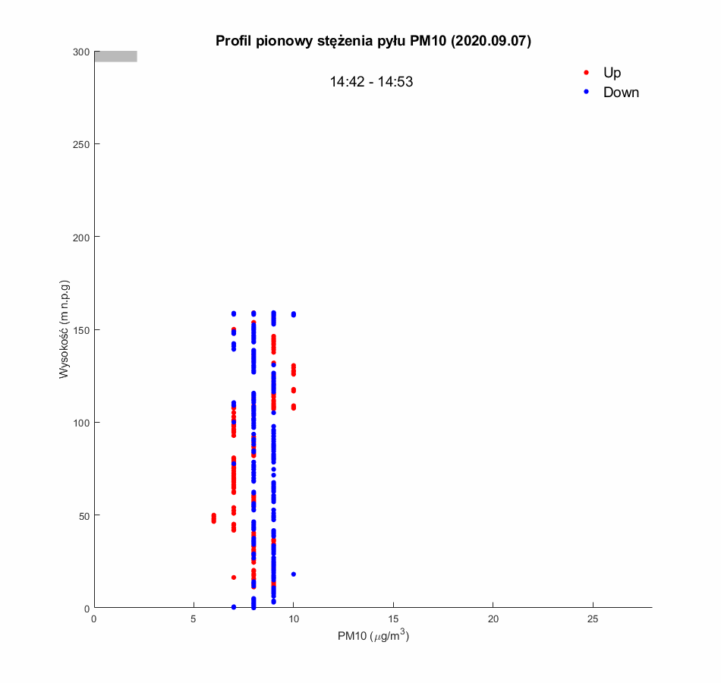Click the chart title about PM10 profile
pos(373,41)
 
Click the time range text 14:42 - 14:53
pos(371,82)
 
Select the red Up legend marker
pos(586,73)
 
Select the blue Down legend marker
pos(586,93)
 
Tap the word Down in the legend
pos(621,93)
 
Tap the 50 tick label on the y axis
pos(84,515)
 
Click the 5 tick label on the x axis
pos(194,619)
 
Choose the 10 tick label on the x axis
pos(293,619)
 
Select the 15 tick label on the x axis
pos(393,619)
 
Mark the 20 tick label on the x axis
pos(493,619)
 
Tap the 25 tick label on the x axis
pos(593,619)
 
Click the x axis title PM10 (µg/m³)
pos(373,636)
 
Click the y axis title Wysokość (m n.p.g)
pos(65,329)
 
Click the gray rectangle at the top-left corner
pos(115,56)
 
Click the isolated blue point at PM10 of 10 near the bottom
pos(293,574)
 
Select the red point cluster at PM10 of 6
pos(213,518)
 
